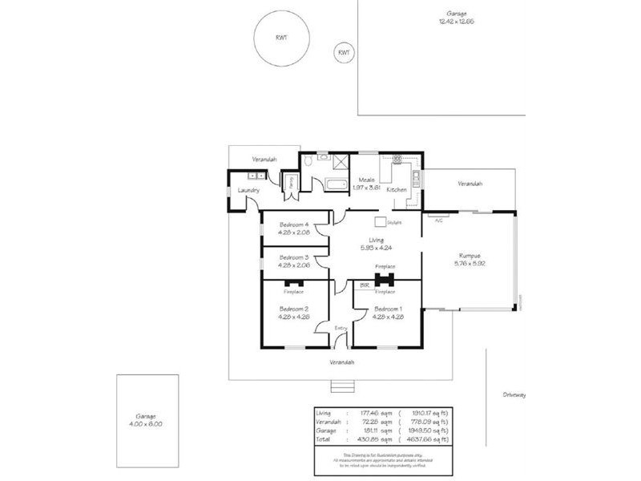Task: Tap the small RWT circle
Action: pyautogui.click(x=344, y=53)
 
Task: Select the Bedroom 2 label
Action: pyautogui.click(x=294, y=309)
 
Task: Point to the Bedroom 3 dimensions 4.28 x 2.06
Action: pyautogui.click(x=294, y=265)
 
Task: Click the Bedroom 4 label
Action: pyautogui.click(x=294, y=224)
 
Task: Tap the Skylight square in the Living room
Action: pyautogui.click(x=381, y=222)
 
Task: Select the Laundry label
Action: pyautogui.click(x=251, y=190)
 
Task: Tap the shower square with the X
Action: pyautogui.click(x=341, y=160)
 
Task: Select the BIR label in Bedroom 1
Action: pyautogui.click(x=365, y=285)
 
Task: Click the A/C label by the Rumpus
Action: pyautogui.click(x=438, y=220)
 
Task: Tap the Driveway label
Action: pyautogui.click(x=514, y=395)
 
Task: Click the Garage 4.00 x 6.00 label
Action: pyautogui.click(x=145, y=420)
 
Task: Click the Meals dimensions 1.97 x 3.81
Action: pyautogui.click(x=368, y=188)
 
